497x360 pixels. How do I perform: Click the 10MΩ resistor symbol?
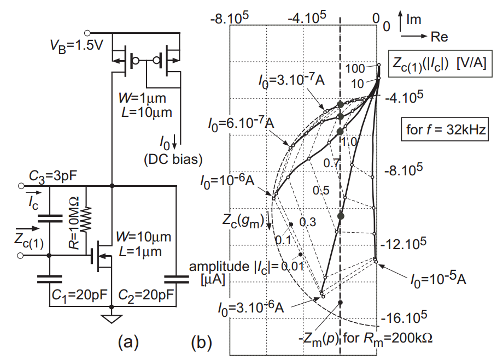point(86,218)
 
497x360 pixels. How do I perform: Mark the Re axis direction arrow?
point(414,37)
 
